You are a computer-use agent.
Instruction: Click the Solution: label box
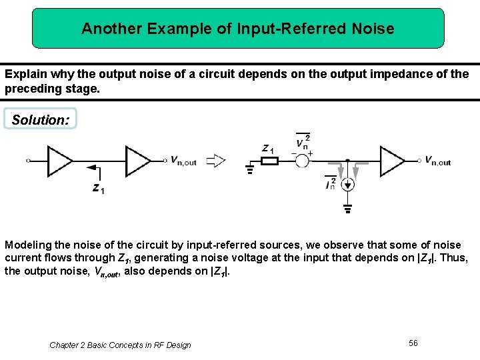click(x=40, y=119)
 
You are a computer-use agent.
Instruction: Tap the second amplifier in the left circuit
click(x=138, y=161)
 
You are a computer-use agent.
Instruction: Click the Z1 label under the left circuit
click(x=98, y=189)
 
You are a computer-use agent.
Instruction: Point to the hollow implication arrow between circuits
click(x=215, y=160)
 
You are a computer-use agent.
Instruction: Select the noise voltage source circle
click(x=302, y=161)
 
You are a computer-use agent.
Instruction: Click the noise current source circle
click(x=347, y=184)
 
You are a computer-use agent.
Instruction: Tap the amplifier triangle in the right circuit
click(x=392, y=161)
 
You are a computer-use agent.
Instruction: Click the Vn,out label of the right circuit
click(x=438, y=161)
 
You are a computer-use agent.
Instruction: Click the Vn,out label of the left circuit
click(x=183, y=161)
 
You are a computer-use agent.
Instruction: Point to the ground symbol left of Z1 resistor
click(x=250, y=167)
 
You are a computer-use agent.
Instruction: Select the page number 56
click(x=413, y=343)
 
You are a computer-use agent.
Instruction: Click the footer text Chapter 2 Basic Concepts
click(x=120, y=345)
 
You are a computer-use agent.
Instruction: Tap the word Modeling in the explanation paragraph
click(x=27, y=245)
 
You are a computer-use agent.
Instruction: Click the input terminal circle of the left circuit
click(x=28, y=161)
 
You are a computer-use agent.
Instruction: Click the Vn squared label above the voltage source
click(x=303, y=141)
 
